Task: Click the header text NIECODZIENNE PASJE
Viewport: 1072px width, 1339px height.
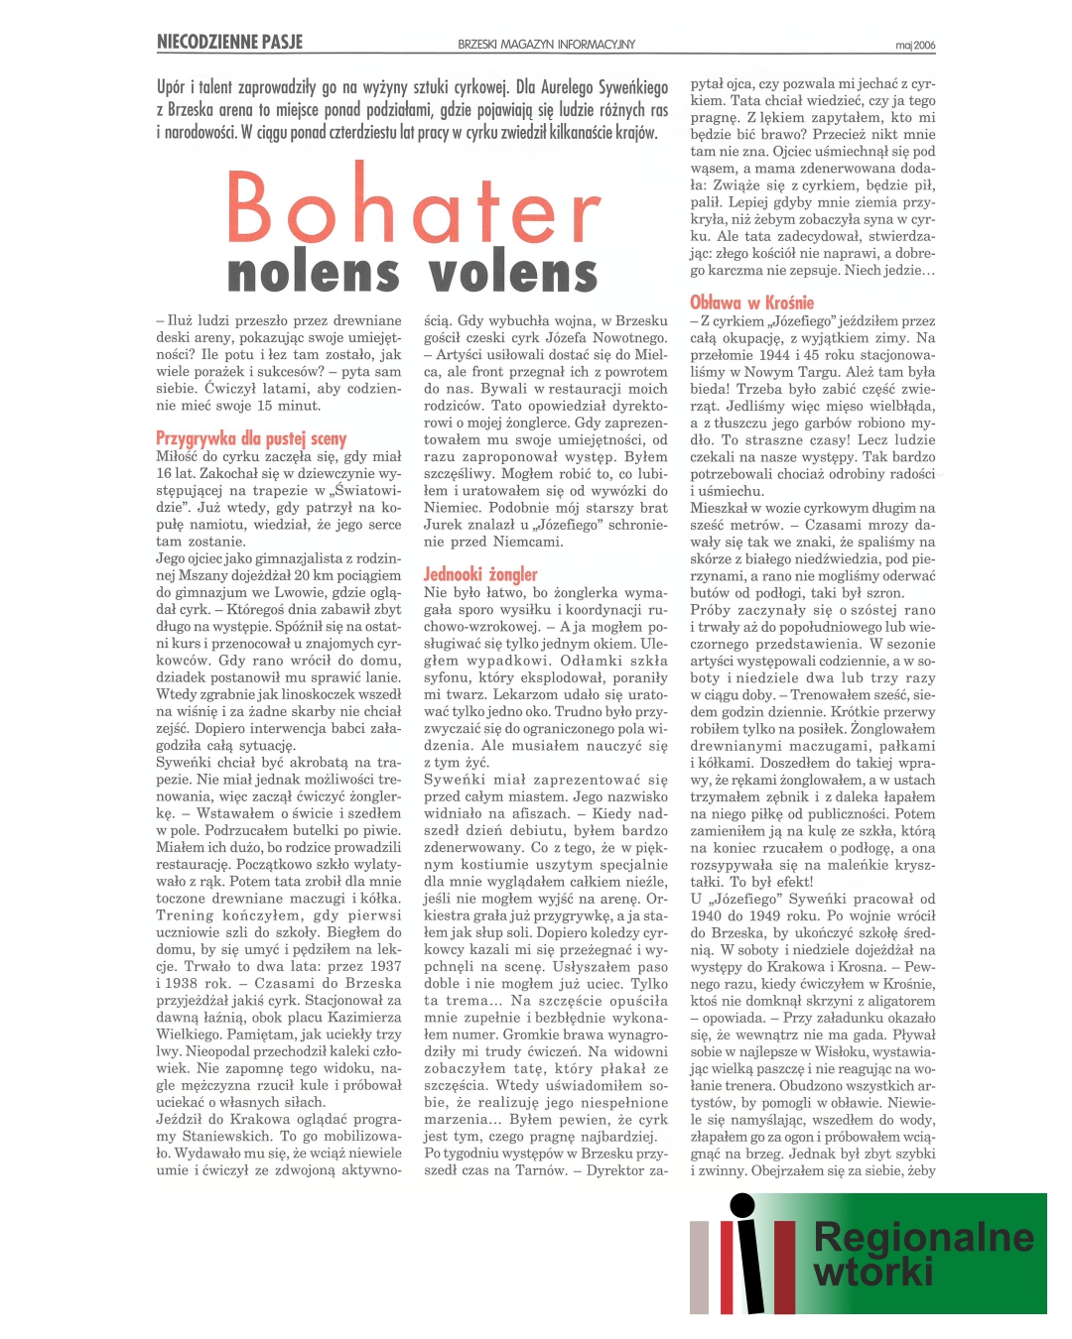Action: tap(229, 42)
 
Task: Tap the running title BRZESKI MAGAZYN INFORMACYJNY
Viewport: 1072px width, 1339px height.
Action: tap(546, 45)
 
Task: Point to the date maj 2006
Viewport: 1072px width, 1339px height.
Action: tap(914, 46)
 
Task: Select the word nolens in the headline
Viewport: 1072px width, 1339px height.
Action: tap(313, 274)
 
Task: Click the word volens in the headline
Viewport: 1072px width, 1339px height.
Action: tap(513, 274)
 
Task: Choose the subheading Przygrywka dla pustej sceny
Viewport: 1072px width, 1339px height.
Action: tap(251, 438)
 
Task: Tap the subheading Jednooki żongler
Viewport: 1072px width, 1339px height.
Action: tap(480, 573)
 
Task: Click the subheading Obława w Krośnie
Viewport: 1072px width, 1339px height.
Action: tap(751, 303)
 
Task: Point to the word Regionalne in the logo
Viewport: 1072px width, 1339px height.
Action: tap(923, 1237)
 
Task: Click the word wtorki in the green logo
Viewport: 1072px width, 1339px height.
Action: tap(873, 1272)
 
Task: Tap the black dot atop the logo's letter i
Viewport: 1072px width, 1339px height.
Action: tap(741, 1205)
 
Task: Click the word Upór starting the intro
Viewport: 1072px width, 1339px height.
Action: tap(172, 87)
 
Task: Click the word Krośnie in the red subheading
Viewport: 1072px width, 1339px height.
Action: tap(788, 303)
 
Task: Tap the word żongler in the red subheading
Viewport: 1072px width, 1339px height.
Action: tap(512, 573)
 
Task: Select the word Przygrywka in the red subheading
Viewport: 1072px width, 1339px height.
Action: tap(196, 438)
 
